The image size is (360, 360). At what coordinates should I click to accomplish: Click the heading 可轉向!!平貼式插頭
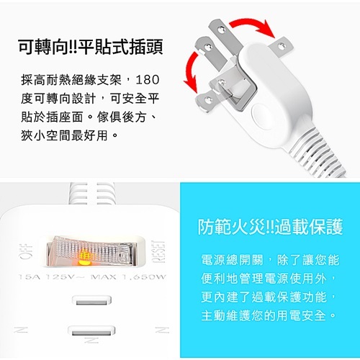point(91,48)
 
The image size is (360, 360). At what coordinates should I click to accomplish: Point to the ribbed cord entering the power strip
point(90,192)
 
